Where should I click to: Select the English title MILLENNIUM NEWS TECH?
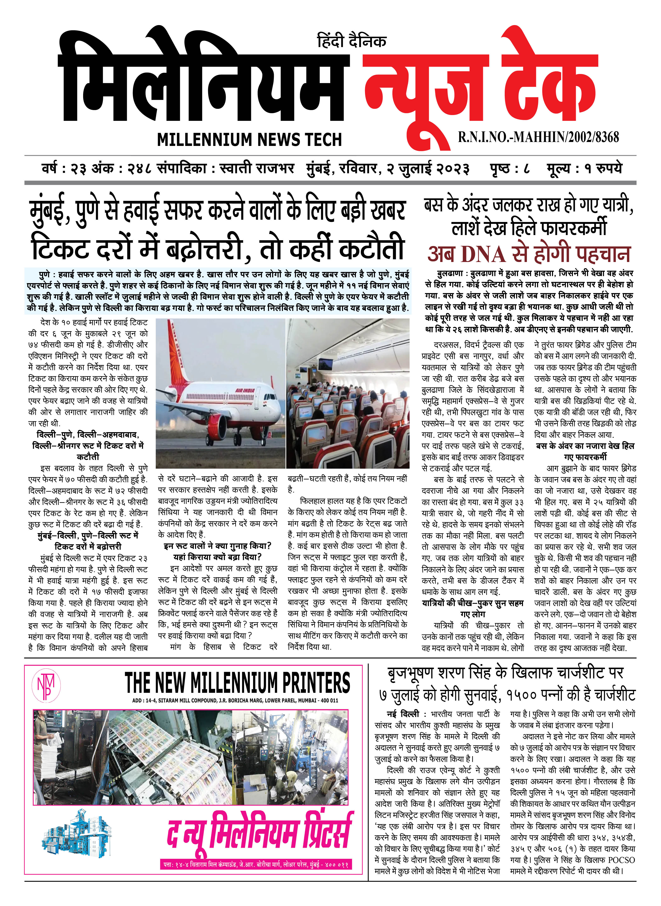pyautogui.click(x=249, y=140)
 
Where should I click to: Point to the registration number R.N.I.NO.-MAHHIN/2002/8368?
pyautogui.click(x=538, y=137)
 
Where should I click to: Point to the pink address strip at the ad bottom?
pyautogui.click(x=256, y=864)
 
